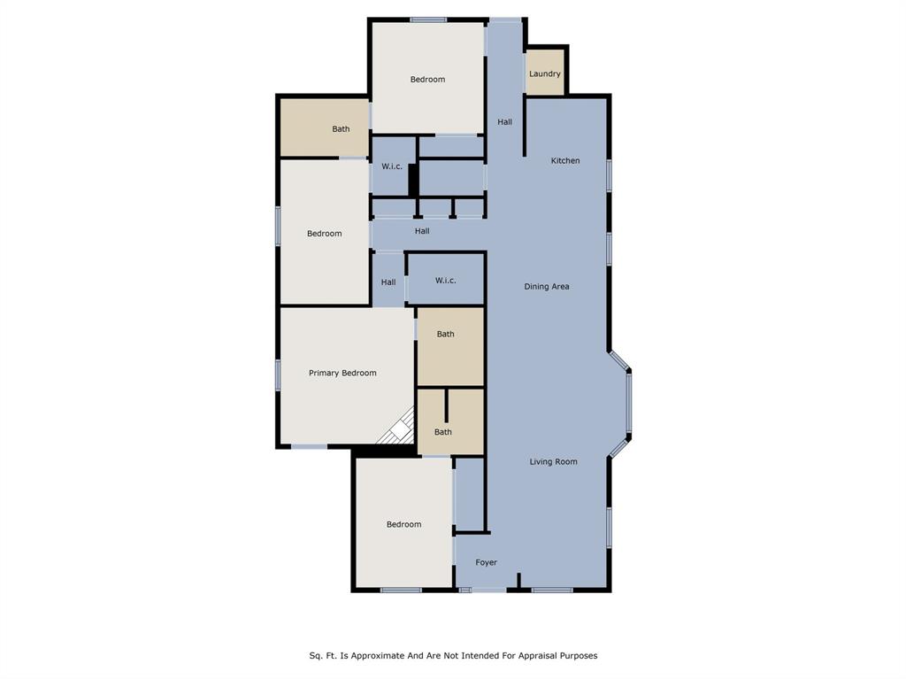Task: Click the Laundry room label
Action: [x=544, y=73]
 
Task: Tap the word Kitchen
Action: [x=564, y=160]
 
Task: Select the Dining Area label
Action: [x=546, y=286]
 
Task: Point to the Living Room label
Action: [x=553, y=461]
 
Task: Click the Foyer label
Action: [x=486, y=562]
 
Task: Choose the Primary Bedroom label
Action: [x=342, y=373]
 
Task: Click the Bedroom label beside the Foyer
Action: [x=403, y=524]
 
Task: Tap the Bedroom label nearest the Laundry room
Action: [x=427, y=80]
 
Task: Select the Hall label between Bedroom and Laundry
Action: [x=504, y=122]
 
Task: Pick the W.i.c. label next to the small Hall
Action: [x=445, y=281]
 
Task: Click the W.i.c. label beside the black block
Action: [x=392, y=166]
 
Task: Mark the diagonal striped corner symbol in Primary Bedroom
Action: [x=397, y=428]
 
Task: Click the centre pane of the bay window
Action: [x=629, y=403]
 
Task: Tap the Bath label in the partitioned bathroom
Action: [x=442, y=432]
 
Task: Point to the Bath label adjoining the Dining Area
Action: [x=445, y=334]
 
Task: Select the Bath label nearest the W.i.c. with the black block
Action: [x=341, y=129]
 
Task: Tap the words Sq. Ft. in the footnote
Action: [x=322, y=656]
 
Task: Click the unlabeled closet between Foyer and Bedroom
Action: [x=469, y=494]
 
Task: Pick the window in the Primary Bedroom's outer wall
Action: [x=278, y=374]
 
